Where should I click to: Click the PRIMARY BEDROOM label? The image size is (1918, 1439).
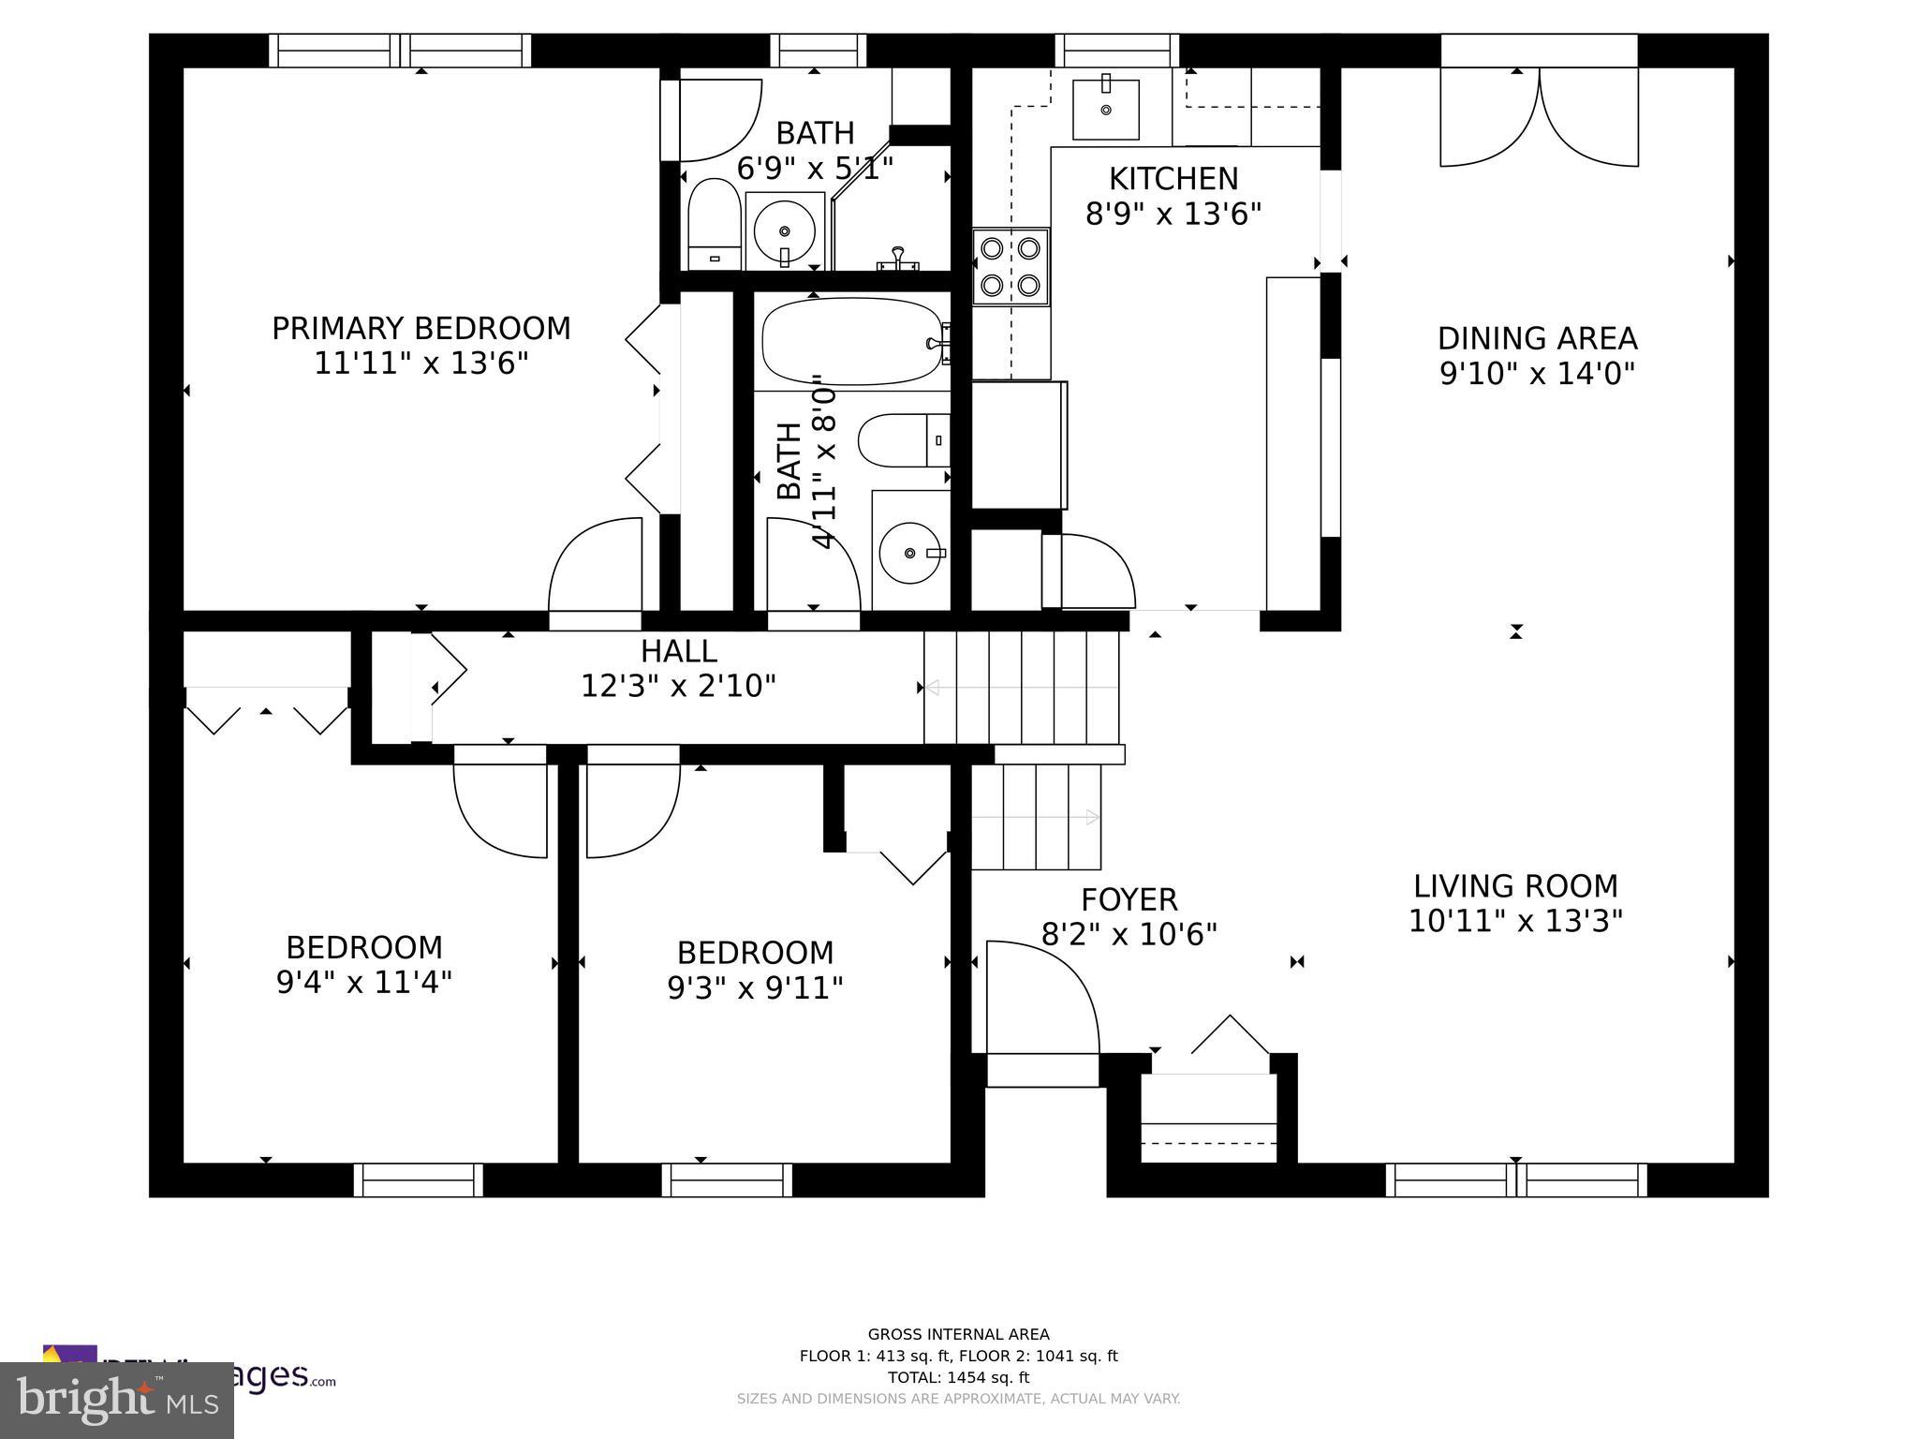pyautogui.click(x=420, y=329)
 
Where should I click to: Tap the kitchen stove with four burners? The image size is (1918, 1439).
pyautogui.click(x=1011, y=266)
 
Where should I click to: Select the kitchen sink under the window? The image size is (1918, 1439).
pyautogui.click(x=1105, y=110)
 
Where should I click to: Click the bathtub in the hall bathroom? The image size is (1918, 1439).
pyautogui.click(x=850, y=341)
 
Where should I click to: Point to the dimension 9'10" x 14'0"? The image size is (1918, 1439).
pyautogui.click(x=1537, y=374)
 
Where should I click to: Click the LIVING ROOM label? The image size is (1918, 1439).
pyautogui.click(x=1514, y=886)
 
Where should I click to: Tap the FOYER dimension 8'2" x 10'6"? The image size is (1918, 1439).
pyautogui.click(x=1129, y=934)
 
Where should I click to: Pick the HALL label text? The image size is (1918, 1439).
pyautogui.click(x=678, y=651)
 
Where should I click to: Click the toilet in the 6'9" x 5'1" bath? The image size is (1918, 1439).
pyautogui.click(x=715, y=223)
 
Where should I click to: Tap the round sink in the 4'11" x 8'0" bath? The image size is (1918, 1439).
pyautogui.click(x=910, y=553)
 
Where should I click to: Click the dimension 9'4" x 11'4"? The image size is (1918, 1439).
pyautogui.click(x=363, y=983)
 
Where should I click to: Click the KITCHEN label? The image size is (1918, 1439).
pyautogui.click(x=1173, y=179)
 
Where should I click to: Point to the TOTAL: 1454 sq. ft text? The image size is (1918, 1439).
pyautogui.click(x=958, y=1377)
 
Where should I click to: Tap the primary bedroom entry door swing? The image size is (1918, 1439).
pyautogui.click(x=595, y=567)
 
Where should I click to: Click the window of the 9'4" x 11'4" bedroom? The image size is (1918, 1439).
pyautogui.click(x=419, y=1179)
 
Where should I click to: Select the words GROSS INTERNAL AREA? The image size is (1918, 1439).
pyautogui.click(x=958, y=1334)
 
